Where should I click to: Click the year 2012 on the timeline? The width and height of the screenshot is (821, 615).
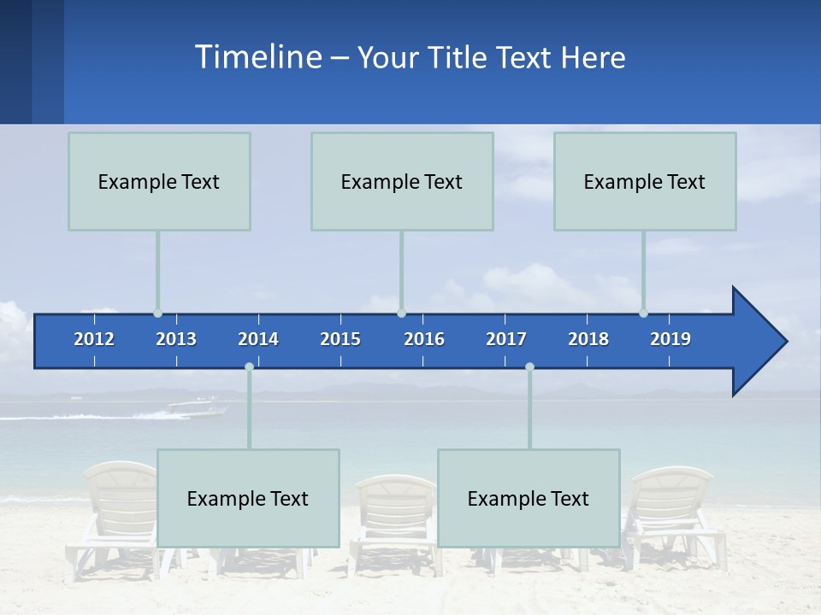[x=94, y=339]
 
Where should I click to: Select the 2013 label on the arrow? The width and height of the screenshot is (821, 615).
[x=176, y=339]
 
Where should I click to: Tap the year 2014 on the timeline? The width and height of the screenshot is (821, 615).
[x=258, y=339]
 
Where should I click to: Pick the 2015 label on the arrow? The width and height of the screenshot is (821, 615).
[x=340, y=339]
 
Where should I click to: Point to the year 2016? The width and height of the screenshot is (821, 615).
[x=424, y=339]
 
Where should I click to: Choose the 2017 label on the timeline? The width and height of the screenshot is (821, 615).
[x=506, y=339]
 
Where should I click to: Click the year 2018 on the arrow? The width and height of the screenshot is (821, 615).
[x=588, y=339]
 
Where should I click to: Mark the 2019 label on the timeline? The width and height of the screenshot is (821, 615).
[x=670, y=339]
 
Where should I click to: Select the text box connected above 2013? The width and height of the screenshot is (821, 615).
[x=159, y=181]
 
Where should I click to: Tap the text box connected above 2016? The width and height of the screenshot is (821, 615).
[x=402, y=181]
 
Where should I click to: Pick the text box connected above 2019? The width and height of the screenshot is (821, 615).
[x=645, y=181]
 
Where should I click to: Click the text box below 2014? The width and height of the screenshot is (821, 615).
[x=248, y=498]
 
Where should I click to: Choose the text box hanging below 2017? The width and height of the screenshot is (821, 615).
[x=529, y=498]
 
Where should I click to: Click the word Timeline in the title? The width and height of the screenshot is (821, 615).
[x=257, y=57]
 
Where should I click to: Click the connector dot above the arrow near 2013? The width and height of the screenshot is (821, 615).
[x=157, y=313]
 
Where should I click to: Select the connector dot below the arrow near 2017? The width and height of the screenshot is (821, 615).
[x=529, y=366]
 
